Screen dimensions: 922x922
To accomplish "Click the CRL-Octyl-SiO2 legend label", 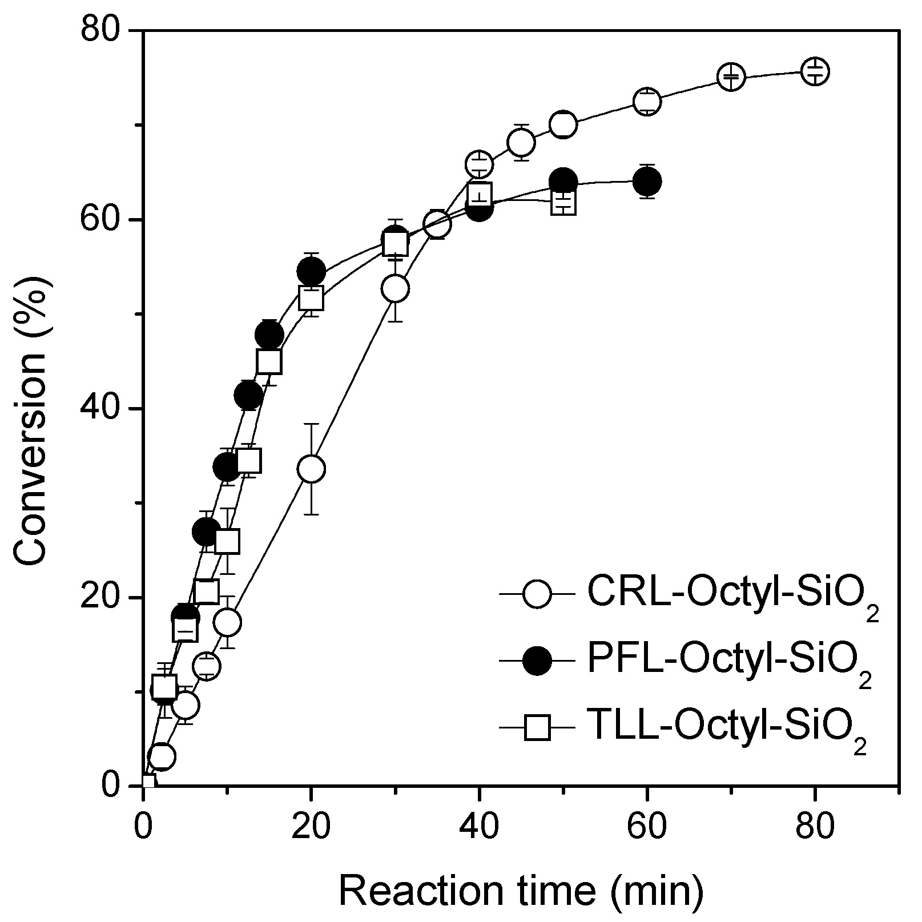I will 731,598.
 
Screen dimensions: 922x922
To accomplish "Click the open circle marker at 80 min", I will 815,71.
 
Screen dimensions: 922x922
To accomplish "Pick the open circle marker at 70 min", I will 731,77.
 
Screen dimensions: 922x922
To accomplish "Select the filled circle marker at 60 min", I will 647,182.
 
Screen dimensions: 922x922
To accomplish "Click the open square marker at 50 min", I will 563,202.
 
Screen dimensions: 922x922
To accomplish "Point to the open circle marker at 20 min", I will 311,469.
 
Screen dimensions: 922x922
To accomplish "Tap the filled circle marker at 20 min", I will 311,271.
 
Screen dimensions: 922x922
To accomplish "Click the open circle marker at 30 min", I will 396,288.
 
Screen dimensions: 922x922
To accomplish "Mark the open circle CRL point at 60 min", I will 647,102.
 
